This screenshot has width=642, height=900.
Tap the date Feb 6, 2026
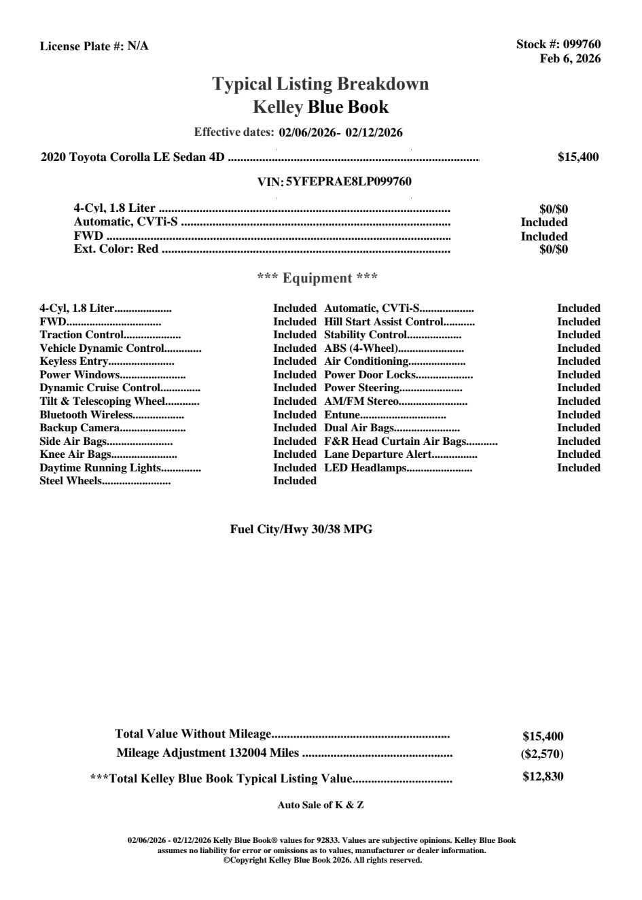click(x=570, y=58)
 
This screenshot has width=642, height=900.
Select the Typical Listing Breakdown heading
click(x=321, y=84)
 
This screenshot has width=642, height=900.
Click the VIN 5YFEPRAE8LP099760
click(x=349, y=182)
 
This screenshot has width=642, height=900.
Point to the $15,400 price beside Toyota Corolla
click(x=578, y=158)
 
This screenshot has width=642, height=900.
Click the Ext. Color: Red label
click(x=116, y=249)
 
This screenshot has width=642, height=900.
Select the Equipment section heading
click(x=317, y=278)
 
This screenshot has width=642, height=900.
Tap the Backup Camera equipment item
click(x=79, y=428)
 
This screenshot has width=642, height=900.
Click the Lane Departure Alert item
click(x=378, y=454)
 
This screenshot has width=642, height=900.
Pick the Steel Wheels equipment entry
click(x=71, y=481)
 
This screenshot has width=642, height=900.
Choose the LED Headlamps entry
click(x=365, y=468)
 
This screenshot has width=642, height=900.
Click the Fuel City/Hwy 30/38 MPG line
click(x=301, y=530)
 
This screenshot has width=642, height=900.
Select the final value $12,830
click(x=543, y=776)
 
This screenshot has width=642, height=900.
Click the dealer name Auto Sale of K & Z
click(x=321, y=806)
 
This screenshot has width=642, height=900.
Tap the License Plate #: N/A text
click(x=94, y=46)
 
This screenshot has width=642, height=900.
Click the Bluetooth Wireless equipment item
click(x=86, y=415)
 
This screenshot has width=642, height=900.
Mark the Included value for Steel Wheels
click(x=295, y=481)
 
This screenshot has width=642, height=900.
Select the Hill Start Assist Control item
click(x=384, y=322)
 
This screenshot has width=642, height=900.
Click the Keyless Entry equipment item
click(x=73, y=361)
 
